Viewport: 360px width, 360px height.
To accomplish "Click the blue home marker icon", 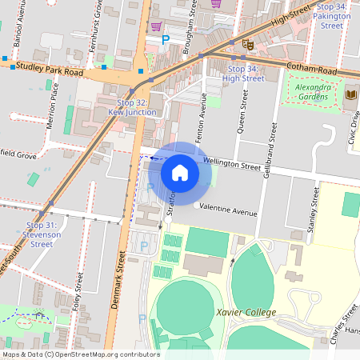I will (180, 172).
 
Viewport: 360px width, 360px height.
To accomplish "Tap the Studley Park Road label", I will (50, 72).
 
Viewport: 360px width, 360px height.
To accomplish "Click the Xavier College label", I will (246, 312).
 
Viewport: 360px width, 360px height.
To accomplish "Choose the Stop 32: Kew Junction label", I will (132, 108).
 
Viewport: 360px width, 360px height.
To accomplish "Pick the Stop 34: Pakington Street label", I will (331, 16).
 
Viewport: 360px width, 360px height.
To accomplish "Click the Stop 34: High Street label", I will (243, 74).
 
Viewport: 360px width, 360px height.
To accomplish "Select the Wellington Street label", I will (231, 165).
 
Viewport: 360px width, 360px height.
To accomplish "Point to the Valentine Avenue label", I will (228, 210).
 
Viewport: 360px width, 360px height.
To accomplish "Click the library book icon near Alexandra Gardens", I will (350, 96).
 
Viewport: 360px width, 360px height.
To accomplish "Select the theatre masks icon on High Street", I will (247, 45).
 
